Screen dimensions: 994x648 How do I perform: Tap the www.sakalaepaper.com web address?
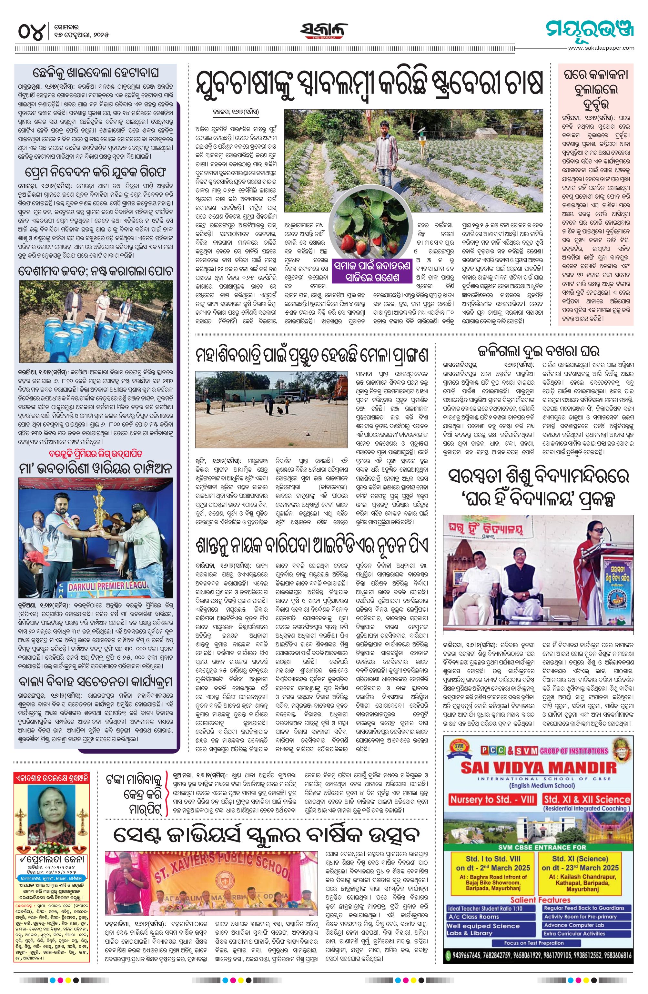click(x=601, y=48)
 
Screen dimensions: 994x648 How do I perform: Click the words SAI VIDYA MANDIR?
click(x=539, y=767)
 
